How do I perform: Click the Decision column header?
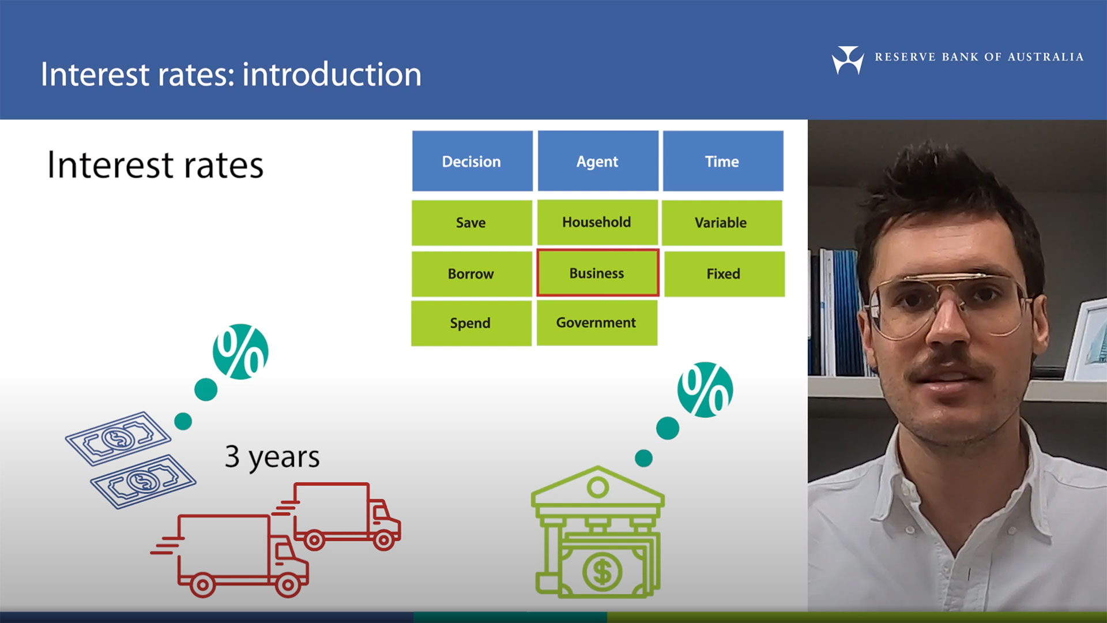pyautogui.click(x=472, y=161)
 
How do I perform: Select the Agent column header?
pyautogui.click(x=598, y=161)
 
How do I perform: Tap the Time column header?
pyautogui.click(x=723, y=161)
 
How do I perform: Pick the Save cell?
pyautogui.click(x=472, y=223)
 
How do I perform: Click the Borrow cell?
pyautogui.click(x=472, y=274)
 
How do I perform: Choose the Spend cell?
pyautogui.click(x=471, y=324)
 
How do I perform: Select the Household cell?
pyautogui.click(x=597, y=222)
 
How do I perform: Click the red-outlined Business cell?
pyautogui.click(x=598, y=273)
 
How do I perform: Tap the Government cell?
pyautogui.click(x=597, y=323)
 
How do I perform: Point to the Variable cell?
pyautogui.click(x=722, y=223)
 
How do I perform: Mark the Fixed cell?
pyautogui.click(x=724, y=274)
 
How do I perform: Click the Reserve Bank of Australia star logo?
pyautogui.click(x=848, y=59)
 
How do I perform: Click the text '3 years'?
pyautogui.click(x=272, y=457)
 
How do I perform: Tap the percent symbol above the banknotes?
pyautogui.click(x=240, y=352)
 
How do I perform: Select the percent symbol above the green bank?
pyautogui.click(x=705, y=390)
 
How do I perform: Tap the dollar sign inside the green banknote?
pyautogui.click(x=602, y=572)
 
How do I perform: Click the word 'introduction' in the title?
pyautogui.click(x=332, y=74)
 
